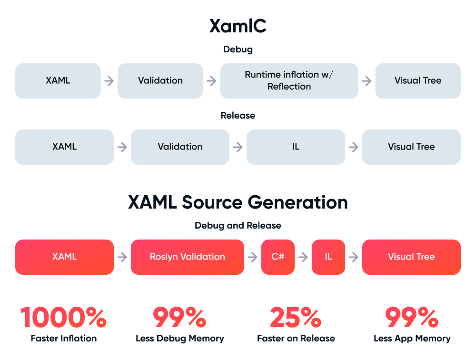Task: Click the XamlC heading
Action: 238,26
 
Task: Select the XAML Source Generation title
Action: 238,202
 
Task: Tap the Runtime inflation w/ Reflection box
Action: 289,80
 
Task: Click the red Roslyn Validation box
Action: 187,257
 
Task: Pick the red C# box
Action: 278,257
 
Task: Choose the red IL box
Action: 328,257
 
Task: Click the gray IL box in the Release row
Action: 296,147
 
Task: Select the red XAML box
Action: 64,257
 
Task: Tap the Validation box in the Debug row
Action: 160,80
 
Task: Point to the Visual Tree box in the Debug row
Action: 418,80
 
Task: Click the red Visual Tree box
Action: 411,257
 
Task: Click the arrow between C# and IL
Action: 303,257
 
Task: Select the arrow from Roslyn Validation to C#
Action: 253,257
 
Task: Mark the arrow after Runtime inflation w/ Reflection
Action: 367,81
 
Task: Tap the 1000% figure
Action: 64,318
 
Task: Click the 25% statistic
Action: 296,318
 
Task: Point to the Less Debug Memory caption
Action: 180,339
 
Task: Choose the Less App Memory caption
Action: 412,339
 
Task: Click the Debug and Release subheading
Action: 238,225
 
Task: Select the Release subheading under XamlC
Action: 238,115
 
